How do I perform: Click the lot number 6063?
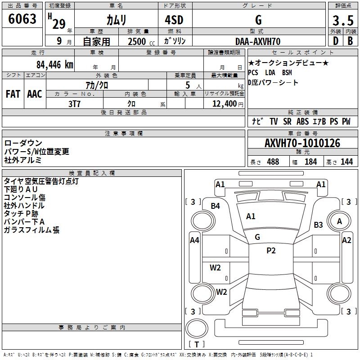point(22,19)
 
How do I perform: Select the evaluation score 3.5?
point(342,21)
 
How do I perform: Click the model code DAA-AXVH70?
point(258,41)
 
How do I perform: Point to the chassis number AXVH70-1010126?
point(302,143)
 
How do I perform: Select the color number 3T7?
point(74,103)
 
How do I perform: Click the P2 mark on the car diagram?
point(271,251)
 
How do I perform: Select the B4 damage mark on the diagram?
point(216,206)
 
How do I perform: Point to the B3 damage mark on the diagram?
point(319,225)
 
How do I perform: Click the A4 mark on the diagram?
point(194,240)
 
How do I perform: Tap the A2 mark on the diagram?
point(346,240)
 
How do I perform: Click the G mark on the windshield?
point(257,237)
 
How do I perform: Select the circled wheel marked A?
point(340,221)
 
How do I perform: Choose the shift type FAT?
point(13,94)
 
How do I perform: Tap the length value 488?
point(273,162)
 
